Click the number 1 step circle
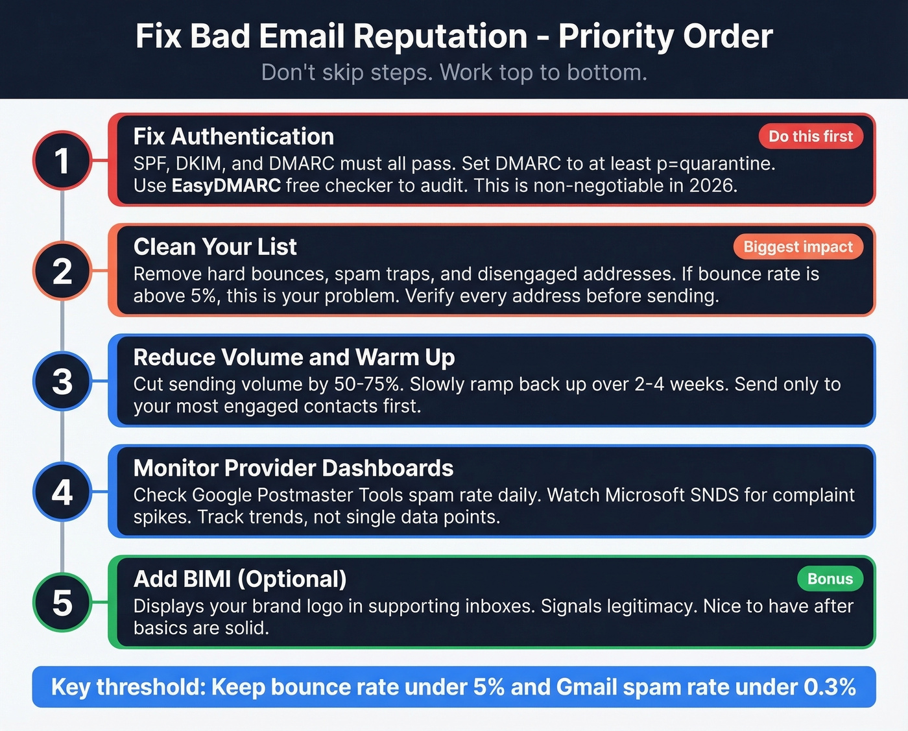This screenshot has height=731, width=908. click(62, 160)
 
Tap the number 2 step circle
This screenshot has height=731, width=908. click(62, 270)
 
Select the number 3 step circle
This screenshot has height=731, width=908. click(62, 381)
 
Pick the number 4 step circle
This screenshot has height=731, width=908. click(62, 492)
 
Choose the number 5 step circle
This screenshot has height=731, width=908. click(62, 603)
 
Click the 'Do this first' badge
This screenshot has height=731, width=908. click(810, 136)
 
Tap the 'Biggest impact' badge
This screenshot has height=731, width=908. click(798, 246)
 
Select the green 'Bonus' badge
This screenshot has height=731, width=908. click(830, 579)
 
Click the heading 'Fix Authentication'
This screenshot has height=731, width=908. click(233, 136)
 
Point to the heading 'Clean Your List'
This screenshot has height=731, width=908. click(215, 246)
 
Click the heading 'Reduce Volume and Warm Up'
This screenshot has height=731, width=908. click(294, 357)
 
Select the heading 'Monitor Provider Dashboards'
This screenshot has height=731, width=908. click(293, 468)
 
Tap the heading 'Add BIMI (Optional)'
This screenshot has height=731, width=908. click(240, 579)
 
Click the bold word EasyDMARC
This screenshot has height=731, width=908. click(226, 186)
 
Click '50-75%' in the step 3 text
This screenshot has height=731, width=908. click(366, 384)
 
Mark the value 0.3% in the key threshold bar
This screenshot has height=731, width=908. click(830, 687)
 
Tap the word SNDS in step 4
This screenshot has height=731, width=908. click(714, 495)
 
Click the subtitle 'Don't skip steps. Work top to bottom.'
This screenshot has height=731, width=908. click(454, 72)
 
